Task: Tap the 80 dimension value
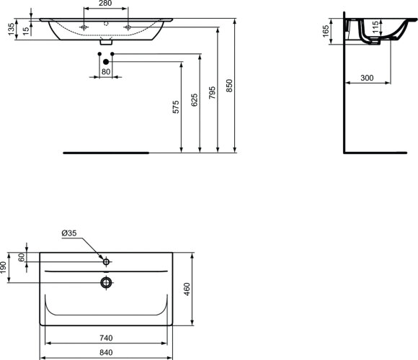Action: (x=105, y=72)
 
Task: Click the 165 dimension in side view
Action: (x=325, y=31)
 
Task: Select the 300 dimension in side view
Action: (x=368, y=78)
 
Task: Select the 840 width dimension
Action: (x=106, y=352)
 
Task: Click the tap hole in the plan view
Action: (x=106, y=261)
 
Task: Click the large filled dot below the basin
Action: (x=105, y=62)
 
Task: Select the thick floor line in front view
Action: (x=106, y=153)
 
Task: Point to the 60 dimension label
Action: (x=22, y=256)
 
